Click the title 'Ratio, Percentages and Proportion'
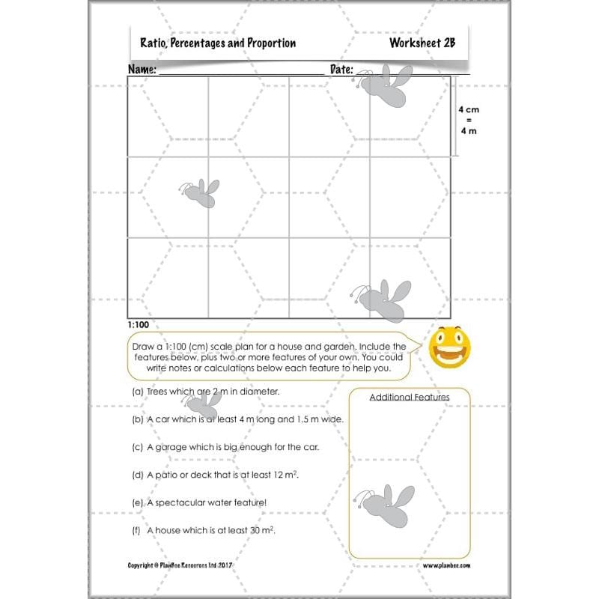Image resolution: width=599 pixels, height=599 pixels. click(x=218, y=43)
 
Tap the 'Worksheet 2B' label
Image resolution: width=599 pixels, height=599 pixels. click(x=422, y=43)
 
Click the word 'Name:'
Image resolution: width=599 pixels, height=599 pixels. click(x=142, y=69)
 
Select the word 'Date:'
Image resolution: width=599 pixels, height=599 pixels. click(x=341, y=69)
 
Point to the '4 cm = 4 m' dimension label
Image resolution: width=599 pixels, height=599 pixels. click(x=468, y=120)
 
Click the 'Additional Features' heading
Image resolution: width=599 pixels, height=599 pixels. click(x=409, y=397)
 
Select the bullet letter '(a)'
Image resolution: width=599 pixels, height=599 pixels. click(x=137, y=392)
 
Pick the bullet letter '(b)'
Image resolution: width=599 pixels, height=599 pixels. click(x=137, y=419)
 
